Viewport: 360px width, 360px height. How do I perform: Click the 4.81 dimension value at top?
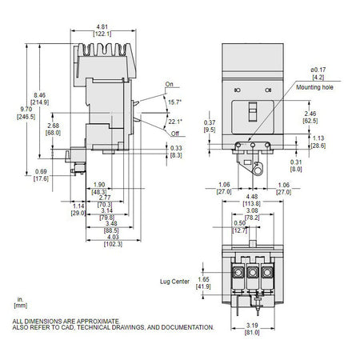[102, 26]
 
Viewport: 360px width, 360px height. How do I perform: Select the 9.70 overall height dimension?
[26, 109]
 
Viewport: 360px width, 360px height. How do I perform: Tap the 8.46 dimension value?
[40, 95]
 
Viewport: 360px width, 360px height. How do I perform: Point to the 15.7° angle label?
[175, 102]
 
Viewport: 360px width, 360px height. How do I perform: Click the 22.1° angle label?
[175, 122]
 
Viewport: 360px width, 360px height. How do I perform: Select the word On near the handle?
[169, 84]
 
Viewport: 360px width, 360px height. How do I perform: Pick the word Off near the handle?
[174, 134]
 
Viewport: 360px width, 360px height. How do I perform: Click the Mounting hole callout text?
[314, 87]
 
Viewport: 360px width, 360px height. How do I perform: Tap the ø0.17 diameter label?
[318, 70]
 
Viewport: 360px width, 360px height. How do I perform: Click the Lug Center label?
[174, 282]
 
